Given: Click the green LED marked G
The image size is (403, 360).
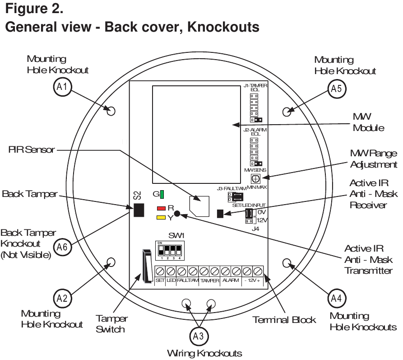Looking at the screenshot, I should click(161, 195).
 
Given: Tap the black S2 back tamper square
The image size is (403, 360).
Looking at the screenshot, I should click(139, 210).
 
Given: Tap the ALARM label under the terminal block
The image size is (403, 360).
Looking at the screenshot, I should click(231, 281).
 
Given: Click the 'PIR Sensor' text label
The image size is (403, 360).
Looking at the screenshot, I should click(23, 149).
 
